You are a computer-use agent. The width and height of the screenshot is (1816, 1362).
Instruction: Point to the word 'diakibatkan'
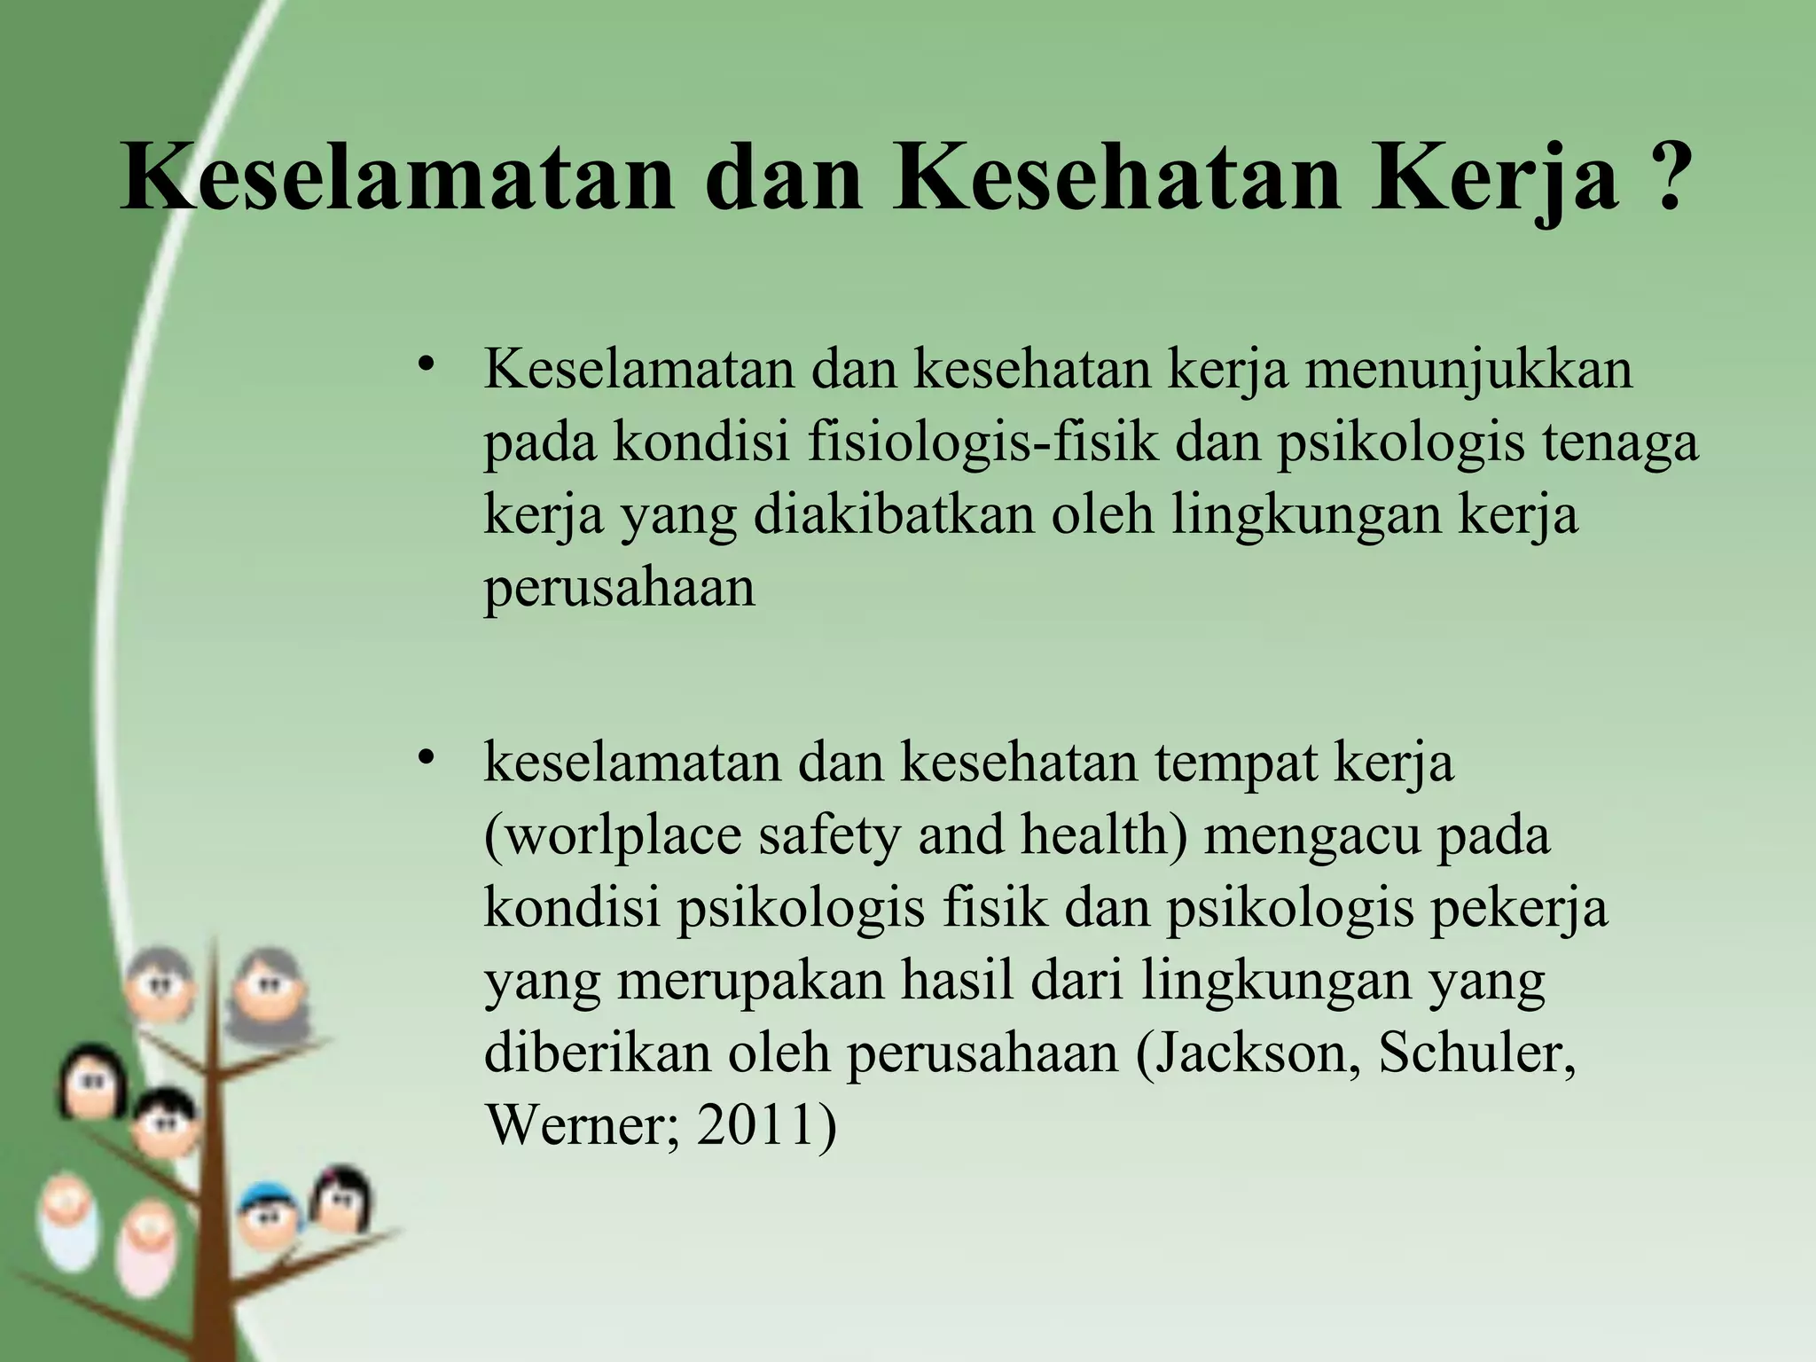(894, 514)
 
